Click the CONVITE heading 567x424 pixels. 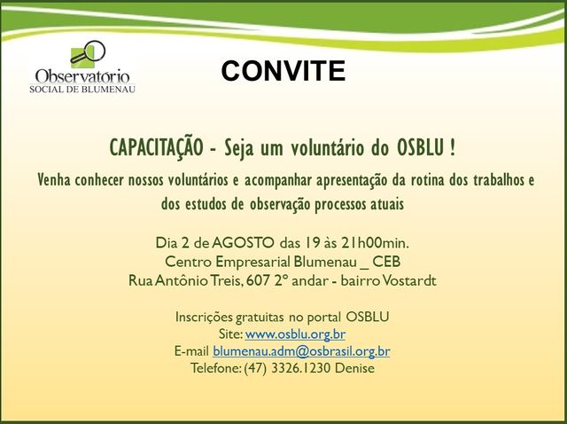click(x=283, y=71)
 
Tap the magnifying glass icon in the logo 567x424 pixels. click(x=88, y=53)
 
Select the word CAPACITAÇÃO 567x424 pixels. click(x=156, y=148)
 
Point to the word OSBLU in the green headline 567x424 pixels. click(x=421, y=148)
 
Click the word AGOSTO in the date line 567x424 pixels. click(x=243, y=242)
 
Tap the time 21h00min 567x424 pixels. click(x=375, y=242)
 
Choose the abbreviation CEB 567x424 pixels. click(x=386, y=262)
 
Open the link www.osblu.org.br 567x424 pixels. click(x=295, y=334)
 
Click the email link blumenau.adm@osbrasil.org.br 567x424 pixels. click(x=301, y=351)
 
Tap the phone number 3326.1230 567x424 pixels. click(x=301, y=368)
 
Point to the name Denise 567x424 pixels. click(x=354, y=368)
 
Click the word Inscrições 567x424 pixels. click(x=204, y=318)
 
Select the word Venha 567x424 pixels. click(x=54, y=180)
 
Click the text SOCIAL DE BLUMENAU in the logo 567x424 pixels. click(x=82, y=89)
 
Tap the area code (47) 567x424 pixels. click(x=255, y=368)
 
